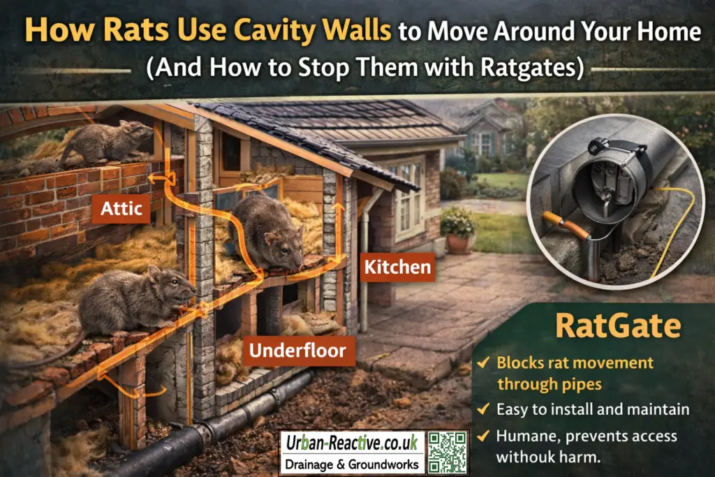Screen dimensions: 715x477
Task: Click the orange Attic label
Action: pos(121,209)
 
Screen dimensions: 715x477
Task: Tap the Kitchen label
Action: pos(397,267)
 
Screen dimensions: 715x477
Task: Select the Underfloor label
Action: pos(298,351)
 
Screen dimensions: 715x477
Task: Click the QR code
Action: pos(448,453)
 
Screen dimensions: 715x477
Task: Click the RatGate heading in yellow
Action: pos(618,325)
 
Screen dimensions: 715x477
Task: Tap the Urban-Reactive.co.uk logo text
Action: pos(352,443)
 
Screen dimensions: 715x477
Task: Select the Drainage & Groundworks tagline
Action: pos(352,464)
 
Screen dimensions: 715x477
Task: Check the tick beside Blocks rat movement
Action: pos(483,362)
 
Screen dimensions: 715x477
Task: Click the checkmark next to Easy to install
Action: pos(483,409)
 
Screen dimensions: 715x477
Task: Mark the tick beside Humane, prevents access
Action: pos(483,436)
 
